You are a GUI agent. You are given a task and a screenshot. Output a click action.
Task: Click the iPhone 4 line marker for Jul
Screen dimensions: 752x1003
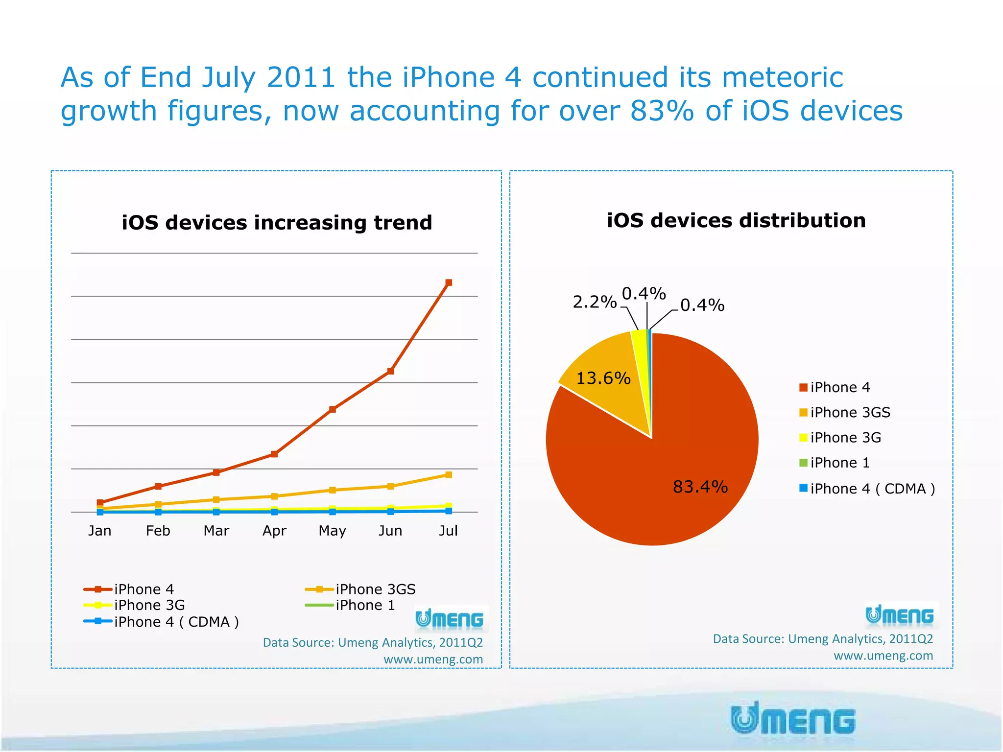tap(449, 282)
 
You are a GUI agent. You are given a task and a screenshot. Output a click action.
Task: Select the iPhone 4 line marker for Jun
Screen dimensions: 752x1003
tap(390, 371)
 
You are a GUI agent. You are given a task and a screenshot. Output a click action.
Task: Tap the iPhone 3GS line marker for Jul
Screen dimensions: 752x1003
tap(449, 475)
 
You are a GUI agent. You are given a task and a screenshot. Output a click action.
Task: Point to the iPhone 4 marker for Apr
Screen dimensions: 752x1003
tap(274, 454)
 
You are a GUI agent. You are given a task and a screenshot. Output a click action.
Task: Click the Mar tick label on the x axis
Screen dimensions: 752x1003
tap(216, 531)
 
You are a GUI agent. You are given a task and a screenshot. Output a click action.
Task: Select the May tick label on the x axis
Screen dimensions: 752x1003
tap(332, 531)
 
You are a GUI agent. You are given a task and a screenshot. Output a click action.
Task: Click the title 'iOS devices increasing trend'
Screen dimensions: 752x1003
tap(277, 223)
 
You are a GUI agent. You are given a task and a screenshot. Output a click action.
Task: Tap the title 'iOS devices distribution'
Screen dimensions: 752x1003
tap(736, 221)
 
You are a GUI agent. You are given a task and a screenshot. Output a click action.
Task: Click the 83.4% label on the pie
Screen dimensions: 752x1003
tap(700, 487)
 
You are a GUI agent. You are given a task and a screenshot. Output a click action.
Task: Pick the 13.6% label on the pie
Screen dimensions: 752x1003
tap(603, 378)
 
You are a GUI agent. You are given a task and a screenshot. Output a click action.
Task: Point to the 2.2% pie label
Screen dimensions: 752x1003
tap(594, 302)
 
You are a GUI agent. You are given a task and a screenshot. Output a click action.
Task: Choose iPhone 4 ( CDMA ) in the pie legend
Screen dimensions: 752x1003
tap(872, 489)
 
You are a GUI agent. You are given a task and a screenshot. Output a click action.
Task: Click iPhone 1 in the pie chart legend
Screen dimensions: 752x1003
tap(839, 463)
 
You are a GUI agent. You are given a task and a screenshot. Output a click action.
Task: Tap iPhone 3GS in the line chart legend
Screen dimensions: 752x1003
tap(375, 589)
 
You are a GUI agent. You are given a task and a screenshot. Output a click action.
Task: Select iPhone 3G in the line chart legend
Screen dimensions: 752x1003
tap(149, 605)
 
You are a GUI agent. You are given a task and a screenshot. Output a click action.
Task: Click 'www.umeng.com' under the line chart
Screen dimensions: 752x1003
tap(433, 659)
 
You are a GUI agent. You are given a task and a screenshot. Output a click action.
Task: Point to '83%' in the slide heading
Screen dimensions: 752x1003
tap(662, 111)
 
